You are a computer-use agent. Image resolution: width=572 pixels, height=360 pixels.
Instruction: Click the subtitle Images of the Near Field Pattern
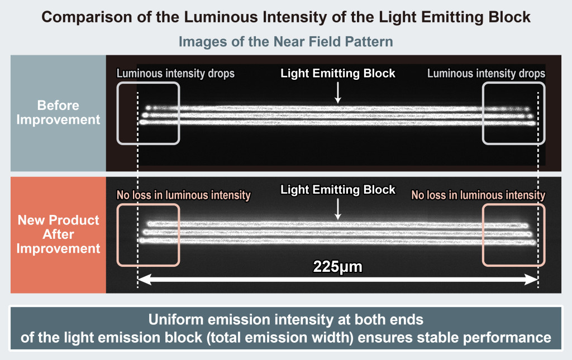286,42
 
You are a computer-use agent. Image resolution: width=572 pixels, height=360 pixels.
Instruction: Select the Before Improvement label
58,112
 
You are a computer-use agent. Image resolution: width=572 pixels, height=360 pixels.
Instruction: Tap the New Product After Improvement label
58,234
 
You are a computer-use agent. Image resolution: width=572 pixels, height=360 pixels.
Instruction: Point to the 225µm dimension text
337,267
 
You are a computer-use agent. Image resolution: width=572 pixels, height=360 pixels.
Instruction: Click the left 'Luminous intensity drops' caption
175,74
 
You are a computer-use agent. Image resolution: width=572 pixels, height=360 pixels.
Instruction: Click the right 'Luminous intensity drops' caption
486,74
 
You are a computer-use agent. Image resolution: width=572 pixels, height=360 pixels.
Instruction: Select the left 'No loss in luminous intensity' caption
183,195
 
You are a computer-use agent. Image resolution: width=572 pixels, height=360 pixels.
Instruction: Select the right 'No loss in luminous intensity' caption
478,195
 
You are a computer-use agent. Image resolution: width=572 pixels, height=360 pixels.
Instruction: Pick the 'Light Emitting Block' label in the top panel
338,74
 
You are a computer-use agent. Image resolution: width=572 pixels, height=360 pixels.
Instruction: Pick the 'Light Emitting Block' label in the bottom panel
338,190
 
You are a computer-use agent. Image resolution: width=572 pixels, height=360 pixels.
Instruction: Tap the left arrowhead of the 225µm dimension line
142,281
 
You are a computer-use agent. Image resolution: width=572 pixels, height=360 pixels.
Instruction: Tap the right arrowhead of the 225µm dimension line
533,281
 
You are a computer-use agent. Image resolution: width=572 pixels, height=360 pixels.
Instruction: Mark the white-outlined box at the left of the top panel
148,113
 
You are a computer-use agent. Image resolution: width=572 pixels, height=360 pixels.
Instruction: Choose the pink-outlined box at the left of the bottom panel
148,234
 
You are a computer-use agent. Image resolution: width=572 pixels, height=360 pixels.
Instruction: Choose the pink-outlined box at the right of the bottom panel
513,234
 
